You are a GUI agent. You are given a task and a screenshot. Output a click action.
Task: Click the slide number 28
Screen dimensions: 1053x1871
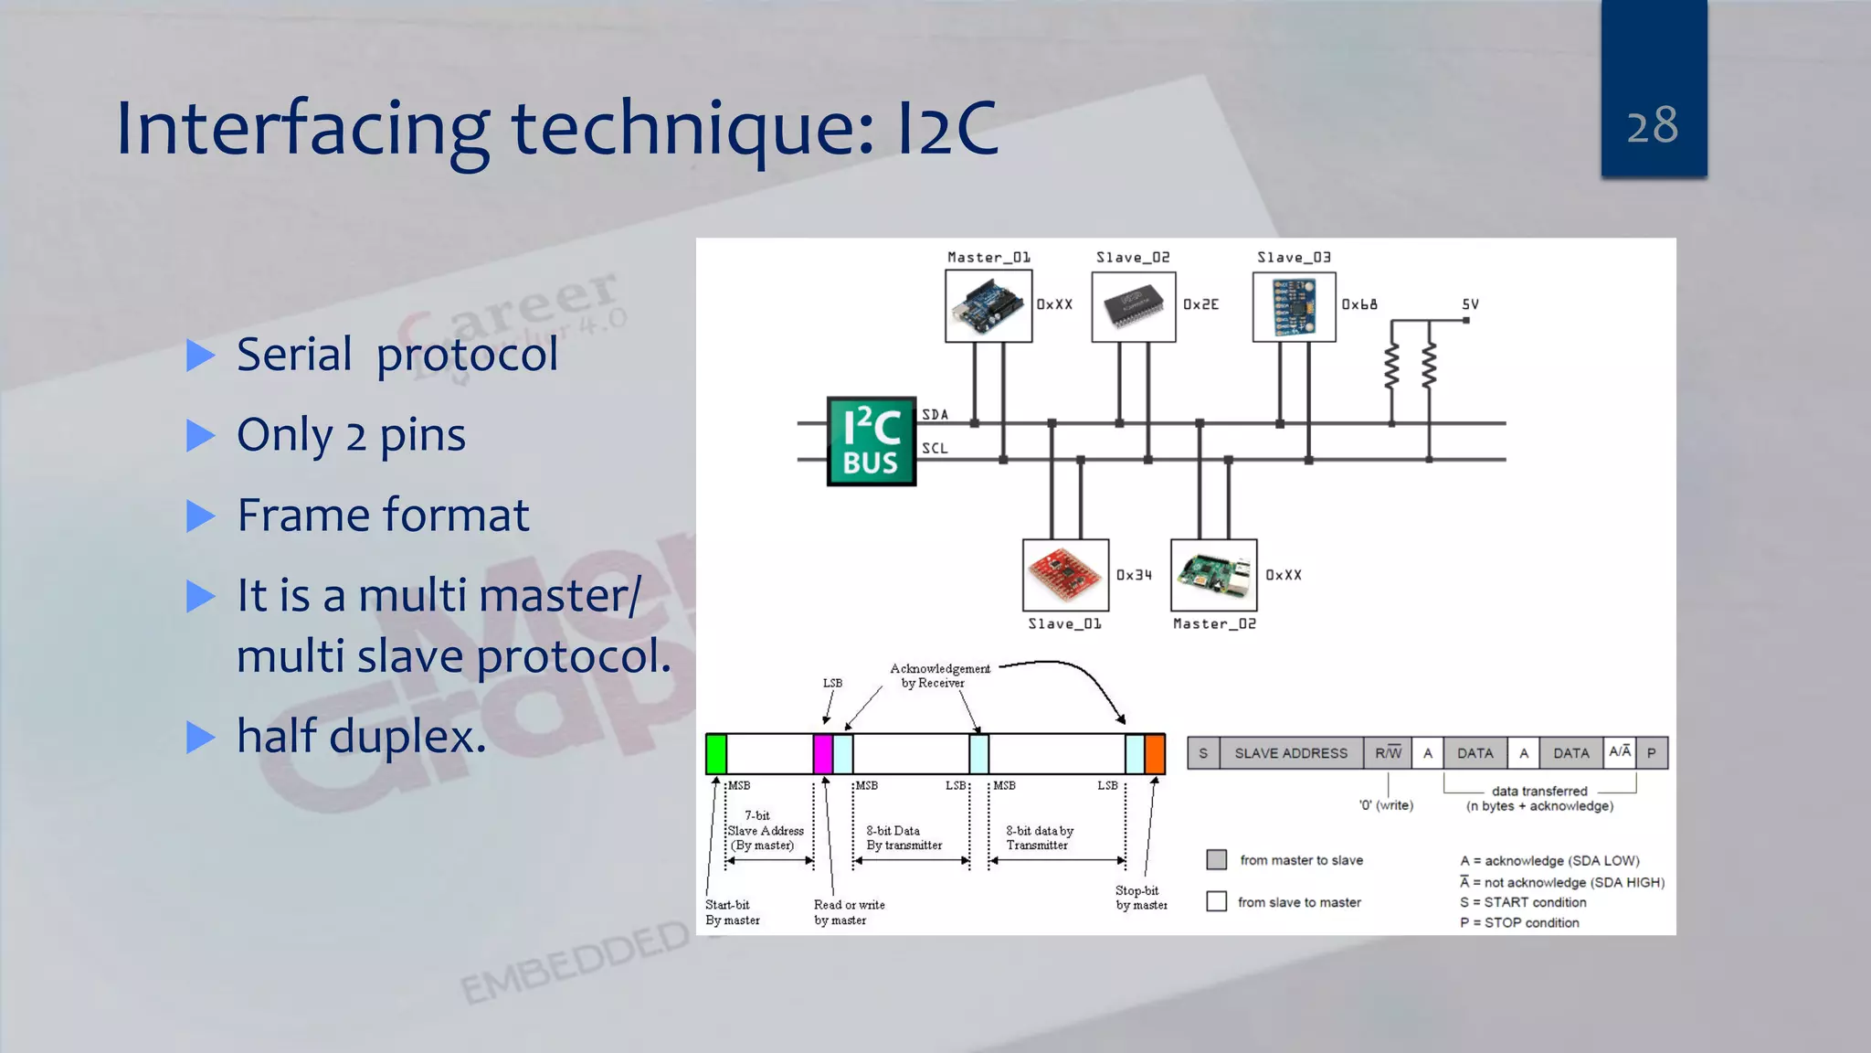(x=1652, y=125)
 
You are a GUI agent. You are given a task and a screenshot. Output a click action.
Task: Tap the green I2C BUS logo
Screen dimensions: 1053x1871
(x=871, y=441)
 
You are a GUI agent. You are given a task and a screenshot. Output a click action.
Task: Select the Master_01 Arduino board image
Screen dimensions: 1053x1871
(x=988, y=306)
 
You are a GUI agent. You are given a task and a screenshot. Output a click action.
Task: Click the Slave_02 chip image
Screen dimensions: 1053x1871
(x=1133, y=306)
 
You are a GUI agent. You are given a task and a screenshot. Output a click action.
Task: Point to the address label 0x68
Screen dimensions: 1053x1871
(x=1358, y=304)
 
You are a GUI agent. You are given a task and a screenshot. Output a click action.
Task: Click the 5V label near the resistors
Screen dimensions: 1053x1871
(x=1470, y=304)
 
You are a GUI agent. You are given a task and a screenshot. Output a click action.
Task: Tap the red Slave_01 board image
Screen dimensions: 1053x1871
(x=1065, y=575)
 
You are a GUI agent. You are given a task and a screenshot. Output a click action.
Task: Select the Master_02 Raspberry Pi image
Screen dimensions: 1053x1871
(x=1213, y=575)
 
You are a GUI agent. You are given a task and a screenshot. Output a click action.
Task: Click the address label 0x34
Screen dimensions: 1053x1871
(x=1134, y=575)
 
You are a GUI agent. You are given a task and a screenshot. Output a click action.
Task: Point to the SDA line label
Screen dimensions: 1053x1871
(x=935, y=415)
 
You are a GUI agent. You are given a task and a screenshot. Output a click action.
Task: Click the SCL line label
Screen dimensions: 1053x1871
(x=935, y=449)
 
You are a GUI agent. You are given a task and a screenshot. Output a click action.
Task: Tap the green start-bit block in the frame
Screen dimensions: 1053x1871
(x=716, y=753)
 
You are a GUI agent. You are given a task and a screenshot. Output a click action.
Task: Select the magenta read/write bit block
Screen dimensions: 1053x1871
(x=822, y=753)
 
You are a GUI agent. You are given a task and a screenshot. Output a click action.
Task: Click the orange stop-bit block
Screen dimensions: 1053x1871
(x=1155, y=753)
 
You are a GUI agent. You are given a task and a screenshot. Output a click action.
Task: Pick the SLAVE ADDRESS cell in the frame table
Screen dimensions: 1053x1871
(x=1290, y=753)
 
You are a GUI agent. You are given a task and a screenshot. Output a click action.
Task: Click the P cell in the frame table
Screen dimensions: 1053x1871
(x=1651, y=753)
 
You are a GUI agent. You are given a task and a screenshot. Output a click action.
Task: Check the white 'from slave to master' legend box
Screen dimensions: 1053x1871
(x=1216, y=901)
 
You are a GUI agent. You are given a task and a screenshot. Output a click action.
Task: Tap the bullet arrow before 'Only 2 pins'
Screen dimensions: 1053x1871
(x=200, y=435)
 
